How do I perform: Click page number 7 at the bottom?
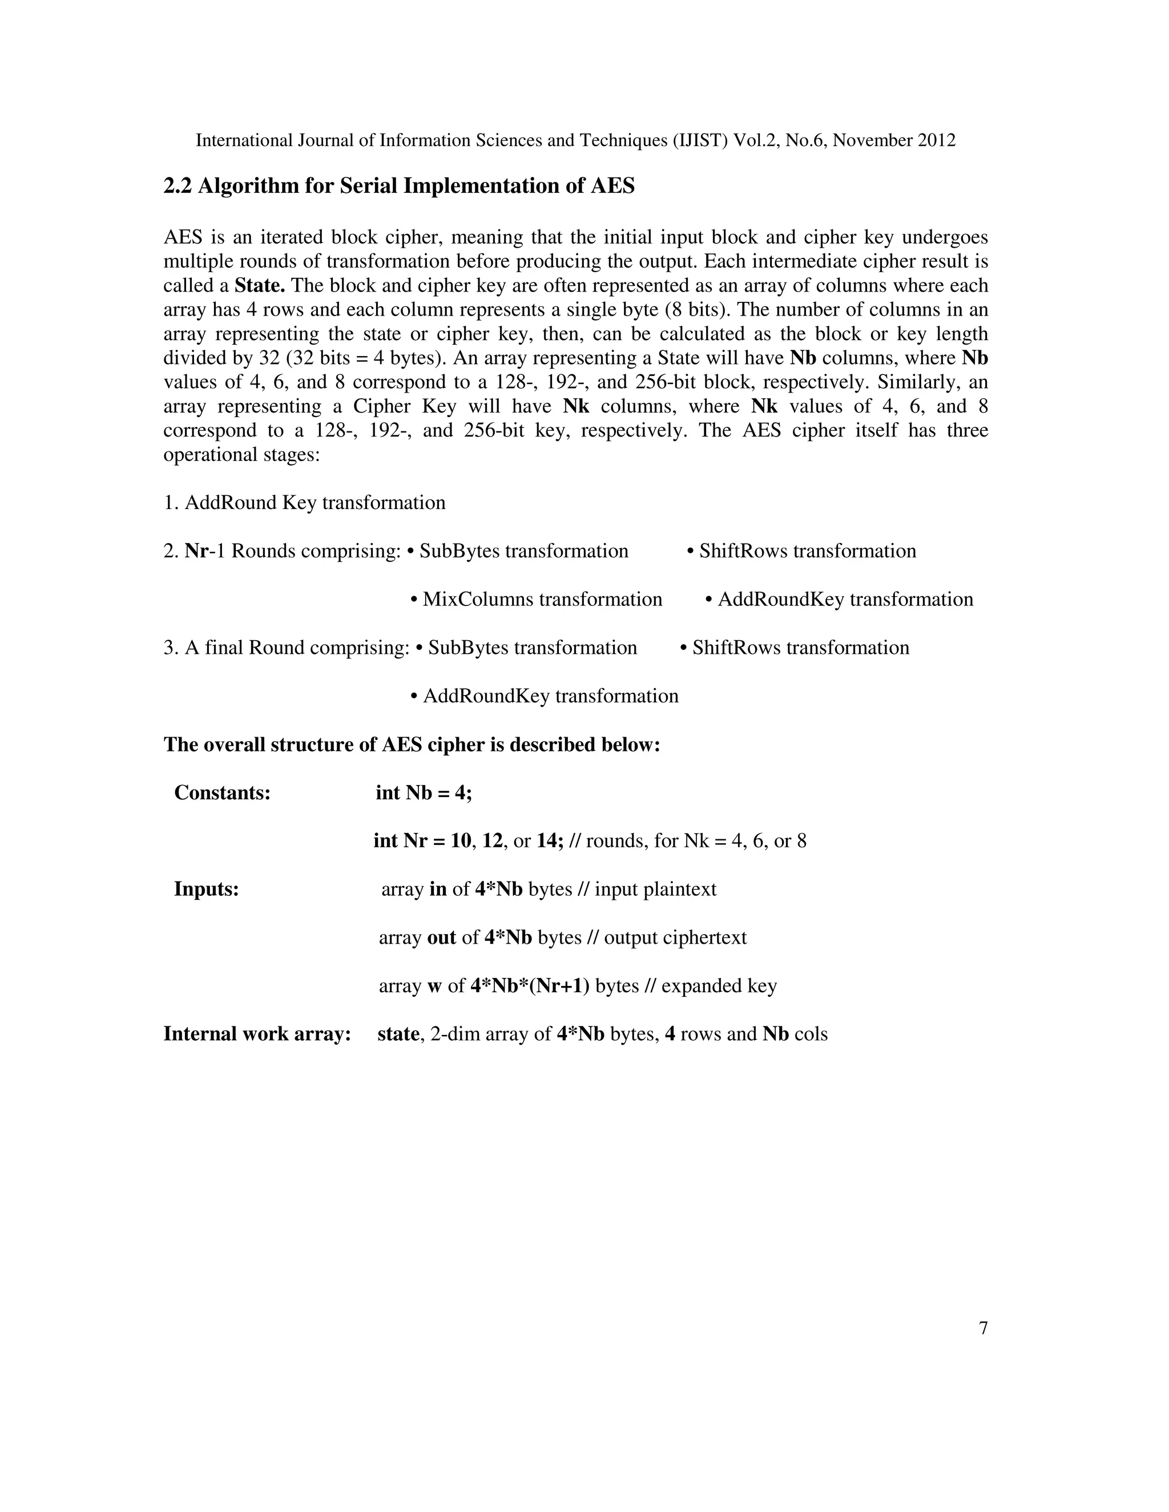983,1328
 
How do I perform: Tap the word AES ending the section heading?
612,186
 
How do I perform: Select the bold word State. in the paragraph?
260,285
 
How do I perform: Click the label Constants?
222,793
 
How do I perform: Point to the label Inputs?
207,889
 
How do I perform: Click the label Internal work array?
257,1034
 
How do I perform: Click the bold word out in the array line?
441,937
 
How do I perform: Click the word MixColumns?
472,600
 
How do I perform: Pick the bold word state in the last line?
398,1034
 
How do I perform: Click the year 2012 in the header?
936,140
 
